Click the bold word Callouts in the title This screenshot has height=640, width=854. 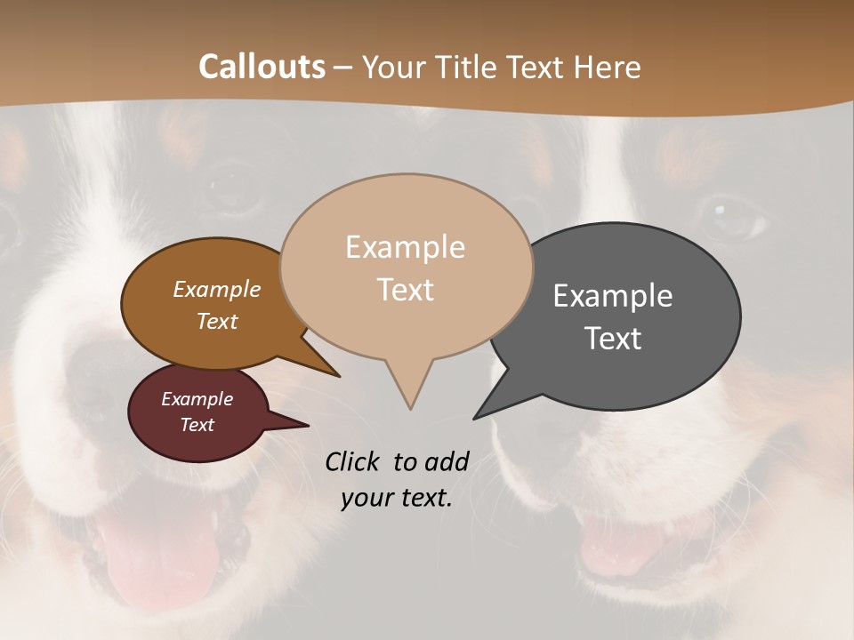[262, 67]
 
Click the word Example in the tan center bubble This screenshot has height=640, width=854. [405, 247]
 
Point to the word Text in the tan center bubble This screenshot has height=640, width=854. [405, 290]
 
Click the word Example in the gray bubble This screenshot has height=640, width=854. [613, 296]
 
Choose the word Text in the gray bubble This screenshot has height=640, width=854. [613, 339]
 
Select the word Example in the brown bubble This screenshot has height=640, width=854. [216, 290]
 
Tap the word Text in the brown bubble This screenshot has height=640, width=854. [216, 322]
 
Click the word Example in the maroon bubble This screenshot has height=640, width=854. [197, 399]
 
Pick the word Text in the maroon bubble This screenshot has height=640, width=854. [197, 425]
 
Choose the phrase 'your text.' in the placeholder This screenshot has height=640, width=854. [397, 499]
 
